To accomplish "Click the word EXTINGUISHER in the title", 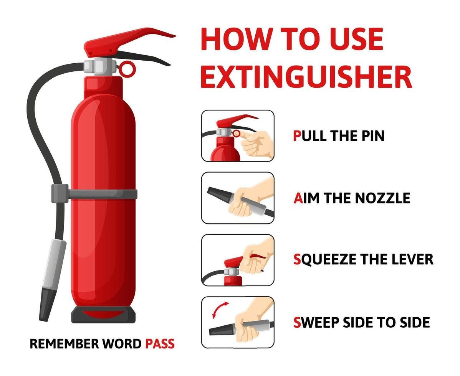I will [x=306, y=77].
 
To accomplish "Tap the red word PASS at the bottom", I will [x=160, y=343].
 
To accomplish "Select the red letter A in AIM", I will [x=298, y=198].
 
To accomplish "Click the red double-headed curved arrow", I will [x=220, y=310].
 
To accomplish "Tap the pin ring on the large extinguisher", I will [x=127, y=69].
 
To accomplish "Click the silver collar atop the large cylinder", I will [x=99, y=66].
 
